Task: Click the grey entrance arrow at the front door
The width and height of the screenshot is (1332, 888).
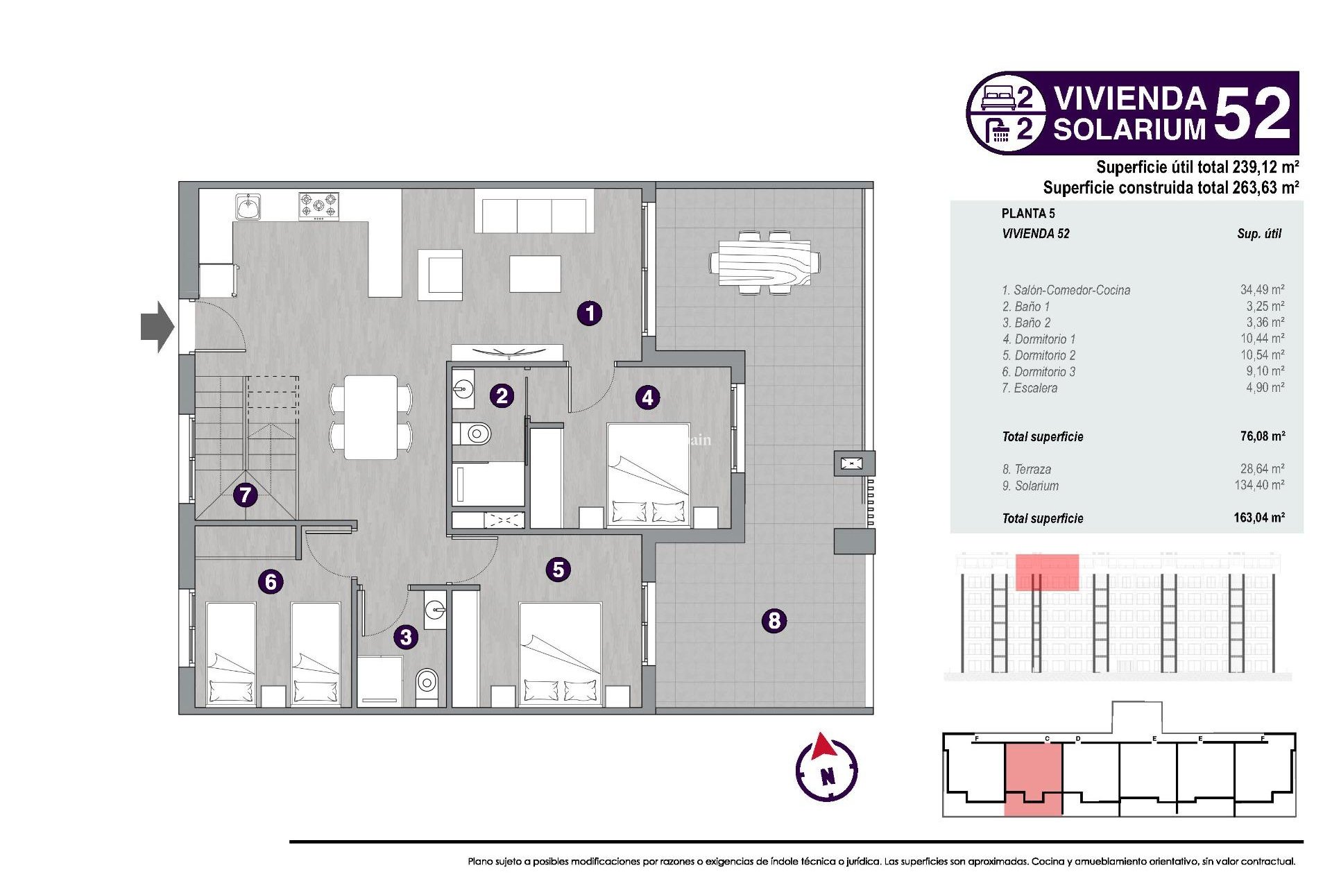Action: coord(157,326)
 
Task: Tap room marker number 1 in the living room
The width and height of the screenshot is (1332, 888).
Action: coord(590,314)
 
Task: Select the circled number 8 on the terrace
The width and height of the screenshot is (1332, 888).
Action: coord(774,620)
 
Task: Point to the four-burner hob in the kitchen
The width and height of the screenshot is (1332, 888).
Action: coord(318,206)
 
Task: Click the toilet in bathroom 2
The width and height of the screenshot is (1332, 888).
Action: coord(474,434)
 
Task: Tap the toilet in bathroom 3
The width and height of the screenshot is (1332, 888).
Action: coord(427,683)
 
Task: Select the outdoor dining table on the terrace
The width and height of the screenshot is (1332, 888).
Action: coord(765,263)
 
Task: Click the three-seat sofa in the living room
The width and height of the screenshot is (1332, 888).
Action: coord(534,215)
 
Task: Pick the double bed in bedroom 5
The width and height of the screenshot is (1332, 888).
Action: coord(560,652)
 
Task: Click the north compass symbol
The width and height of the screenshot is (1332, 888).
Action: coord(826,769)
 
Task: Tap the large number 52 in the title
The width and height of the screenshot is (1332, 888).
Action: coord(1252,114)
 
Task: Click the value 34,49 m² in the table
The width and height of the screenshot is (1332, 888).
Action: coord(1262,290)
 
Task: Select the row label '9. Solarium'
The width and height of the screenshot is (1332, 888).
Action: coord(1030,486)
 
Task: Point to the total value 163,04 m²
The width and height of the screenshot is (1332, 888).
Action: coord(1258,518)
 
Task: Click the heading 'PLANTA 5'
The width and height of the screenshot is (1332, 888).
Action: coord(1027,214)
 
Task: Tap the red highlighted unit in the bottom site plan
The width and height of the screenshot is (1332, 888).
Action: coord(1032,777)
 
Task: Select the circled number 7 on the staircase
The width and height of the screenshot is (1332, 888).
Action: coord(245,495)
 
